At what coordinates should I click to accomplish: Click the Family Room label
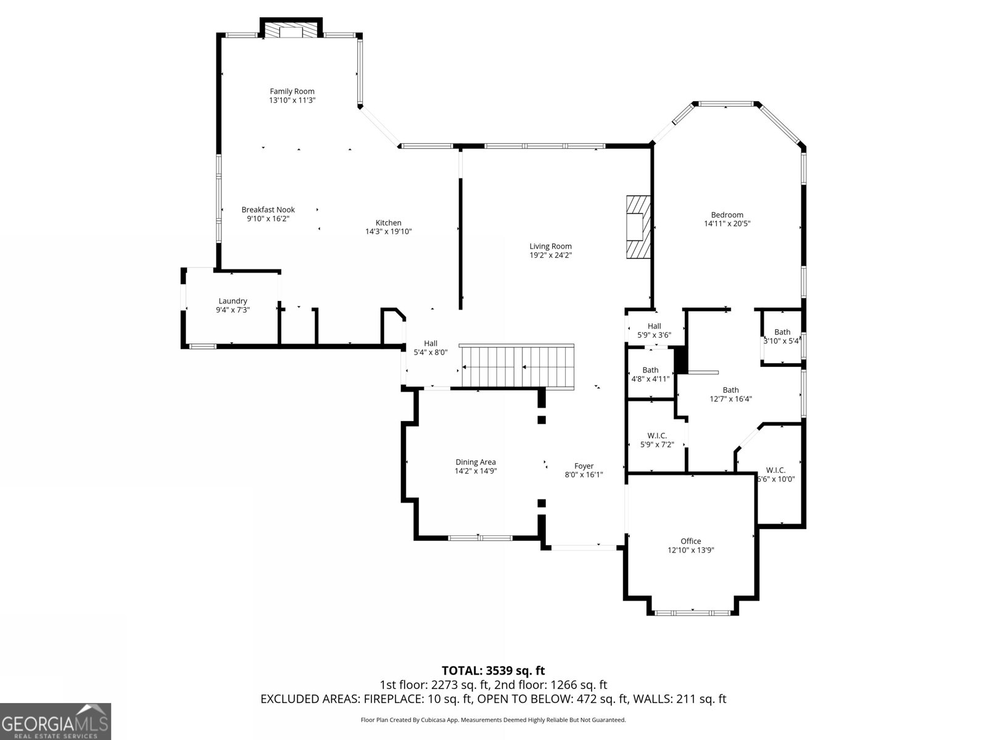point(292,91)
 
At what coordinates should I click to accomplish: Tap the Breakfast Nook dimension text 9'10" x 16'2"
point(268,219)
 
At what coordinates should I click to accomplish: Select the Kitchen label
point(389,223)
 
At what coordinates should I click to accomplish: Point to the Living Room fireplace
point(638,227)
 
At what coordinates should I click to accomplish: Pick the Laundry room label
point(233,301)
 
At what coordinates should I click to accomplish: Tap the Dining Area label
point(476,462)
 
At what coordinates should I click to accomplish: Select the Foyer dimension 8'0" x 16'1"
point(584,474)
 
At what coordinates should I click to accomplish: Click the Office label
point(691,541)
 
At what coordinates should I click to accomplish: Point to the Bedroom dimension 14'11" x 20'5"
point(727,223)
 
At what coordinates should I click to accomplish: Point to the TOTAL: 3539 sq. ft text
point(493,671)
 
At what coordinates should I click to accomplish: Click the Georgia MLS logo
point(56,721)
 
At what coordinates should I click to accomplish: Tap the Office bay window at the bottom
point(693,612)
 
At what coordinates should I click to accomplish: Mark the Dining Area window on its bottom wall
point(480,538)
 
